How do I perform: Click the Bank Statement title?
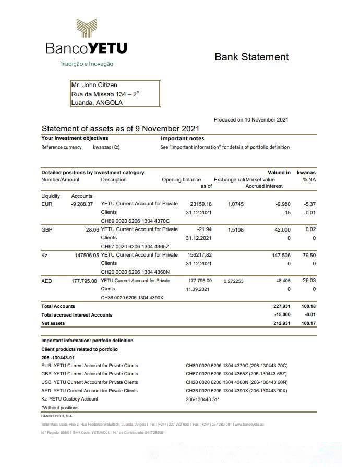(x=251, y=57)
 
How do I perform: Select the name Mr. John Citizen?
(x=94, y=85)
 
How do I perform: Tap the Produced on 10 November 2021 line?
(x=251, y=120)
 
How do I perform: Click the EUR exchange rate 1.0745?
(x=236, y=204)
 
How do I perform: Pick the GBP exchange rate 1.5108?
(x=236, y=229)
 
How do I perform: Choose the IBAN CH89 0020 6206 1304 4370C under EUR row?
(x=135, y=221)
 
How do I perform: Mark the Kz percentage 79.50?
(x=309, y=255)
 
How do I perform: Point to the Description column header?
(x=114, y=180)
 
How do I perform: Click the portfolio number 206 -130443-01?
(x=58, y=357)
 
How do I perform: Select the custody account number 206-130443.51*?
(x=202, y=399)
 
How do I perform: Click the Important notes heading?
(x=183, y=139)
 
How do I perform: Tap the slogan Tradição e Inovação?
(x=87, y=64)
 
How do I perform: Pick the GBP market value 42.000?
(x=282, y=229)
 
